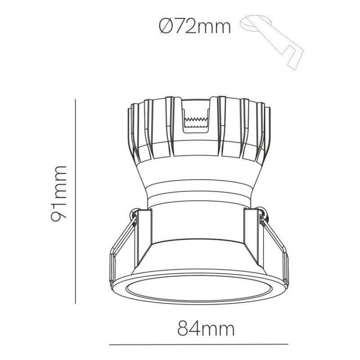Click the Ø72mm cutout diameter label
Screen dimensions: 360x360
pyautogui.click(x=194, y=27)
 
